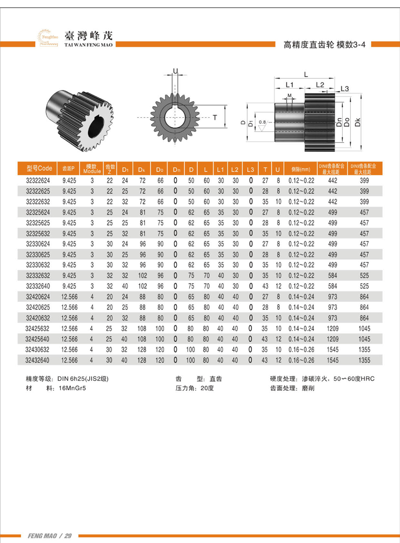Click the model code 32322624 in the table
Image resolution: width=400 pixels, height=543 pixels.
38,180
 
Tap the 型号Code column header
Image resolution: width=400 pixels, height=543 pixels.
39,168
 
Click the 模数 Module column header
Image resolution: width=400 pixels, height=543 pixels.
92,168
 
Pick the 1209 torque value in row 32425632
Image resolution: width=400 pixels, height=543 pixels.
332,329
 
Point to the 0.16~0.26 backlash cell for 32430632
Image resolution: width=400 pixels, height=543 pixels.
301,350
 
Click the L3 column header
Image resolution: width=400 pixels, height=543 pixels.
250,169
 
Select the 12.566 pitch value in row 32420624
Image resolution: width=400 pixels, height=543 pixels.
69,297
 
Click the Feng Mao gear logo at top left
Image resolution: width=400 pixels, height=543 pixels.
48,38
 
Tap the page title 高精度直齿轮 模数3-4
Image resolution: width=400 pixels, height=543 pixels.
324,45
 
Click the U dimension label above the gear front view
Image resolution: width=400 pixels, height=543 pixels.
175,71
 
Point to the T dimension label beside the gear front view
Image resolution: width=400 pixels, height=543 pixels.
215,118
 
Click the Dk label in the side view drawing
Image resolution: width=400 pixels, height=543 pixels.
358,122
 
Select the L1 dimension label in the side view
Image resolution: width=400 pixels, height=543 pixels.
289,85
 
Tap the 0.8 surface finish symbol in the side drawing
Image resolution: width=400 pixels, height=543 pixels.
262,122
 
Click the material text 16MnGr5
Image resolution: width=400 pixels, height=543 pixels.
72,388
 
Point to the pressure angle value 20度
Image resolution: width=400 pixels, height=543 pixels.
207,388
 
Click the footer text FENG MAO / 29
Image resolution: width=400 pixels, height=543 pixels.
50,536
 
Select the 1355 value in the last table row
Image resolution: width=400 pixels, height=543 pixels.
364,360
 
